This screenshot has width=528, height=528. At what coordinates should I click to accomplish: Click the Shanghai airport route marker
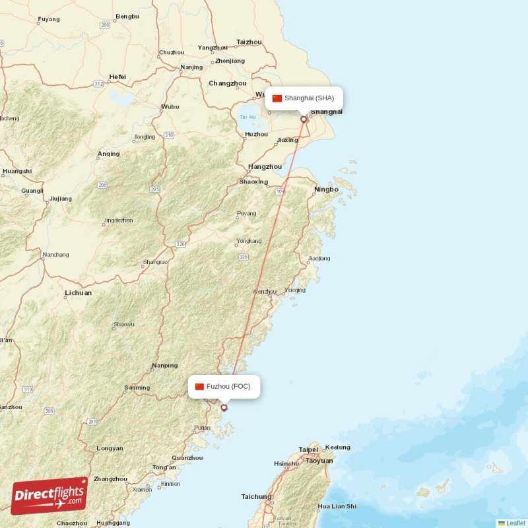[x=304, y=119]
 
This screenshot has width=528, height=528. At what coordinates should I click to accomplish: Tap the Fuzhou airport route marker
[x=224, y=407]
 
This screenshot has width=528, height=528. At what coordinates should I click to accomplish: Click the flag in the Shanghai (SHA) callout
[x=277, y=98]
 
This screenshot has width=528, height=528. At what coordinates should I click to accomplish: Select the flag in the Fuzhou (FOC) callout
[x=199, y=387]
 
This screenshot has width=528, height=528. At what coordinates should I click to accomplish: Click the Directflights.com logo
[x=49, y=495]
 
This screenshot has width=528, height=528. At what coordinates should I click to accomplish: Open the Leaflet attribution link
[x=515, y=523]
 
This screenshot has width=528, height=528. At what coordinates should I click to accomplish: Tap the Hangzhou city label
[x=265, y=167]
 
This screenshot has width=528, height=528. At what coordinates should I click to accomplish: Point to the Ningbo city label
[x=326, y=189]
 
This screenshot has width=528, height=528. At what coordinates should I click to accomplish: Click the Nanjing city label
[x=191, y=67]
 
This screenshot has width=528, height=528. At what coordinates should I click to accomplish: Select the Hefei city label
[x=117, y=77]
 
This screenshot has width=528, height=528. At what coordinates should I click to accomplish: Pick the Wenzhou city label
[x=265, y=291]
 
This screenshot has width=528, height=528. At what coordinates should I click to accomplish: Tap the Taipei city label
[x=308, y=449]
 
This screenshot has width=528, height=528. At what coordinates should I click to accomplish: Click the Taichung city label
[x=256, y=497]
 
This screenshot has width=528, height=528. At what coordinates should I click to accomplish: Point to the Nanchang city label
[x=55, y=255]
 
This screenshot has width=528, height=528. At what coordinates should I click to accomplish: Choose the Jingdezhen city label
[x=119, y=220]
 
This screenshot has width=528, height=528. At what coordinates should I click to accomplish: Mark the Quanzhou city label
[x=187, y=457]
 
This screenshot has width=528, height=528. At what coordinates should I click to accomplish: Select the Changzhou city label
[x=227, y=83]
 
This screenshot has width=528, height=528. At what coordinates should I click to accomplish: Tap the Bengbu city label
[x=127, y=16]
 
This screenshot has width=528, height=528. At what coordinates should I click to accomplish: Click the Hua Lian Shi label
[x=337, y=506]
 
